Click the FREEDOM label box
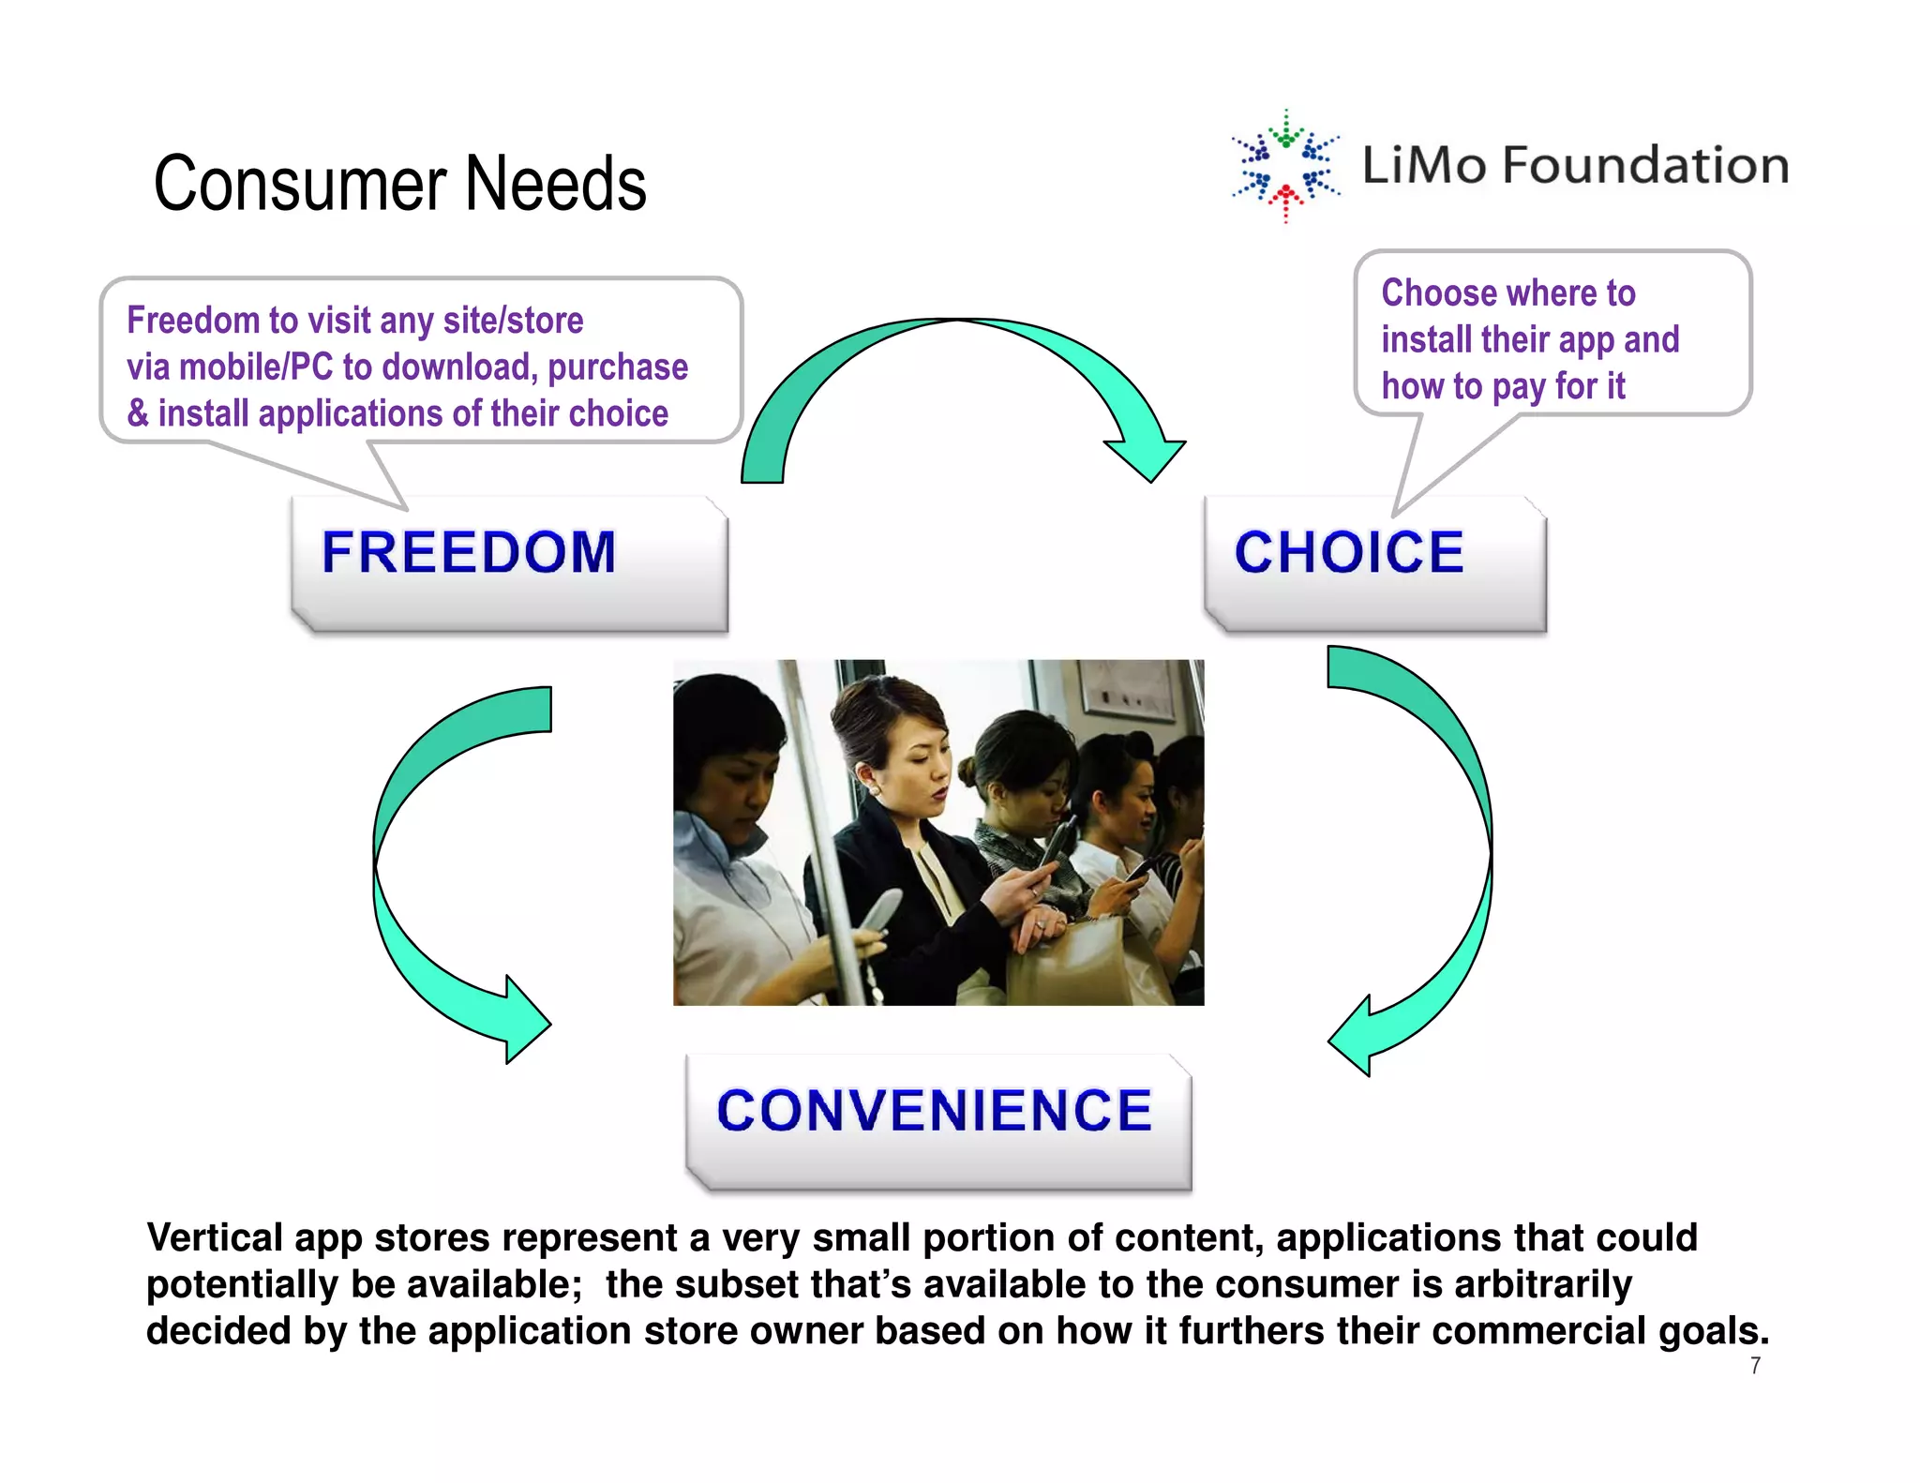tap(509, 562)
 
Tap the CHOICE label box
tap(1374, 562)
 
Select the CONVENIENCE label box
tap(937, 1120)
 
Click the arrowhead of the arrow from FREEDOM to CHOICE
tap(1147, 457)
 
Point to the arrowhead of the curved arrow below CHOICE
tap(1354, 1036)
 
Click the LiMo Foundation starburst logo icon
tap(1285, 166)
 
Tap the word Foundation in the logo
tap(1645, 166)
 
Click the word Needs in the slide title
tap(555, 184)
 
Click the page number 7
tap(1755, 1366)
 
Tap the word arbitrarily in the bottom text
tap(1542, 1284)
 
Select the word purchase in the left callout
tap(618, 367)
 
